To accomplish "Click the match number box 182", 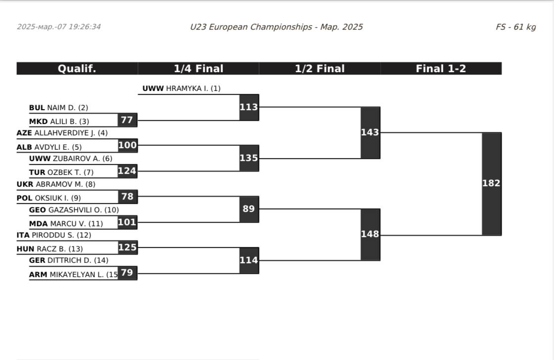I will pos(491,183).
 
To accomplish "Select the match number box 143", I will pos(370,132).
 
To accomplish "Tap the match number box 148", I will pos(370,234).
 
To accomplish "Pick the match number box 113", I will pos(249,107).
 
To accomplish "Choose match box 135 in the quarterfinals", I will pos(249,158).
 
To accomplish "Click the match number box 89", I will pos(249,209).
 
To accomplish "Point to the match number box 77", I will pos(127,120).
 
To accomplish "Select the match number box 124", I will pos(127,171).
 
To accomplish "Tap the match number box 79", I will pos(127,273).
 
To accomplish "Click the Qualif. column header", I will pos(77,69).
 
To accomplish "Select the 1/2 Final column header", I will pos(320,69).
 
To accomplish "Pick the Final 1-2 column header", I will pos(441,69).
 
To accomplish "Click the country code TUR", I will pos(37,172).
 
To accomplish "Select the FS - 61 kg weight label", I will pos(515,27).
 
